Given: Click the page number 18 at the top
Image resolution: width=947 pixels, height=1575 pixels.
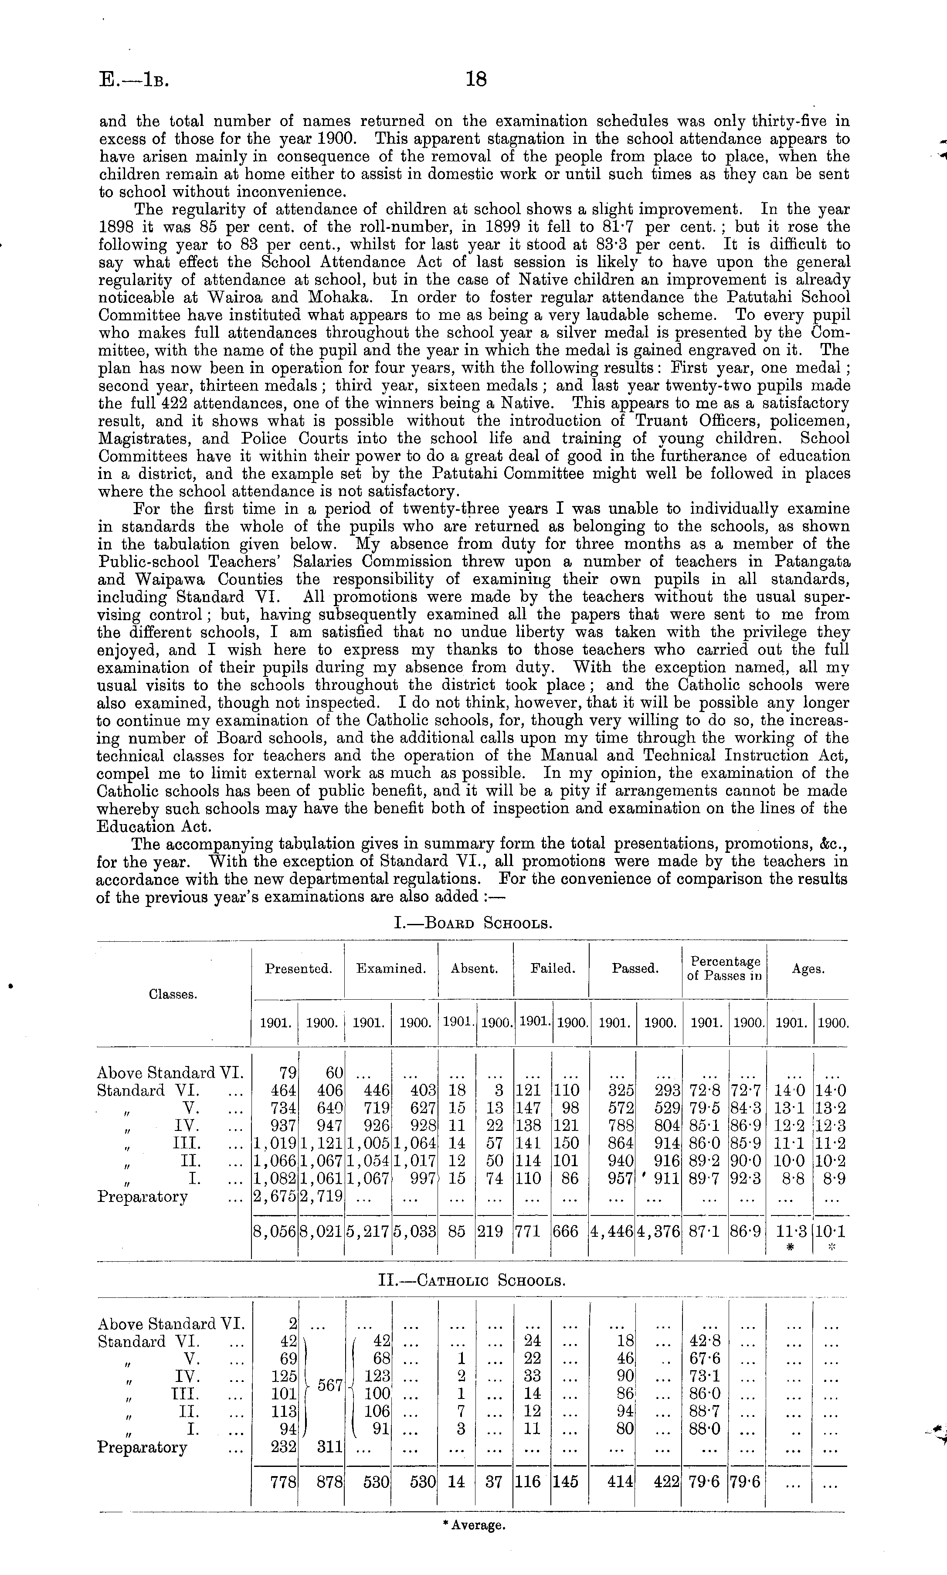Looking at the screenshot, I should [x=476, y=79].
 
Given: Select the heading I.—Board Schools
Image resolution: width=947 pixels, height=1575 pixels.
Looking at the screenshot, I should [x=473, y=923].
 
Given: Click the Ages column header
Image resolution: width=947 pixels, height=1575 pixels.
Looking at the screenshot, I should [x=808, y=969].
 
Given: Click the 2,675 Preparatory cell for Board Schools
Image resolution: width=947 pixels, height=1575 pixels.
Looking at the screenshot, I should [x=275, y=1197].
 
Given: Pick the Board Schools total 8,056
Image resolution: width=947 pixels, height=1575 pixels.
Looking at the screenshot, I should [x=275, y=1232].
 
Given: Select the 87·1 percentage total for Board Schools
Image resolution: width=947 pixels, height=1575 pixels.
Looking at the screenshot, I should [x=705, y=1232].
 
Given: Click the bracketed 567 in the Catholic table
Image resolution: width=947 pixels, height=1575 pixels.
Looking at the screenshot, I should [x=330, y=1386].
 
